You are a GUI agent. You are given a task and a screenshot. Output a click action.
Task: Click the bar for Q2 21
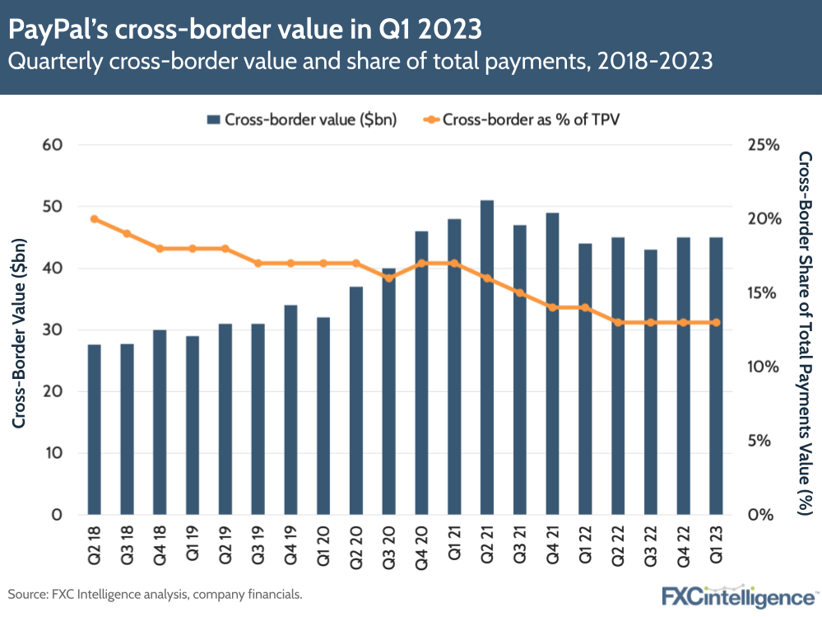coord(486,358)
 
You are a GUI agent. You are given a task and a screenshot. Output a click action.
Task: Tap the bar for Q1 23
coord(716,376)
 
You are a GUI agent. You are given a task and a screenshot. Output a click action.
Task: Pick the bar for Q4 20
coord(421,373)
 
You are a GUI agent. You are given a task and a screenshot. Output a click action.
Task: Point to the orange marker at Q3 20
coord(388,278)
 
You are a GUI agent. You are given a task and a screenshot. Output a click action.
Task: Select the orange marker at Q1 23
coord(716,322)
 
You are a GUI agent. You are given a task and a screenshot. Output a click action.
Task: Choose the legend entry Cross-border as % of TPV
coord(522,119)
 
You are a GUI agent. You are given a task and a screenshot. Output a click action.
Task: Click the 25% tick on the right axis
coord(763,145)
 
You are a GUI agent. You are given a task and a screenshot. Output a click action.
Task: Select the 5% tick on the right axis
coord(763,441)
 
